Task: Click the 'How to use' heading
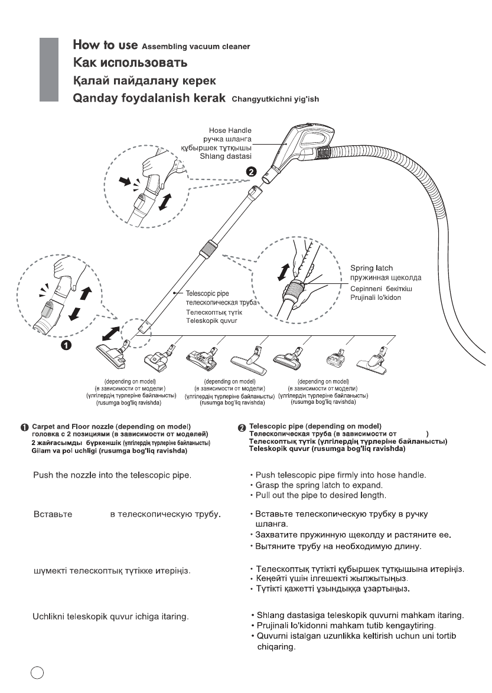pos(105,45)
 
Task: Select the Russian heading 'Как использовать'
pos(130,63)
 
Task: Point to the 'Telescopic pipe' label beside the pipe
pos(207,292)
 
